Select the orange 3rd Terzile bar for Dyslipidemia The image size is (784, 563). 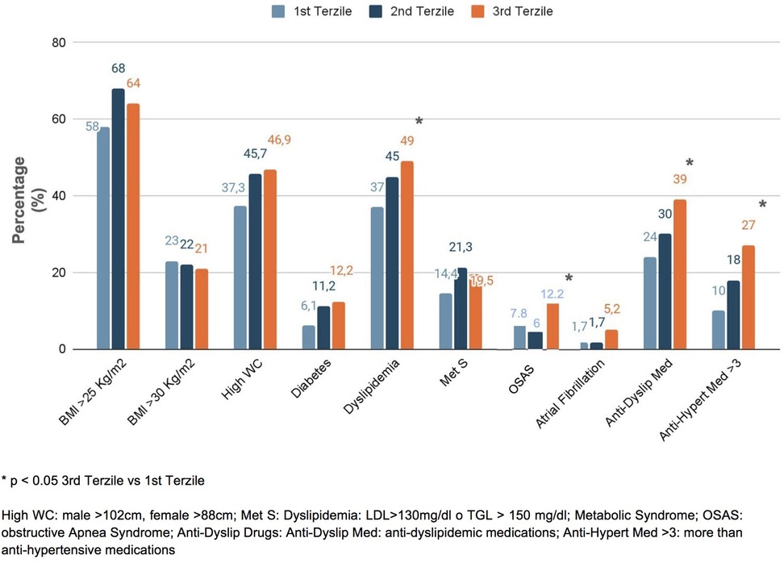407,255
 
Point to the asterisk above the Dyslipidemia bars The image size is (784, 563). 419,122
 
